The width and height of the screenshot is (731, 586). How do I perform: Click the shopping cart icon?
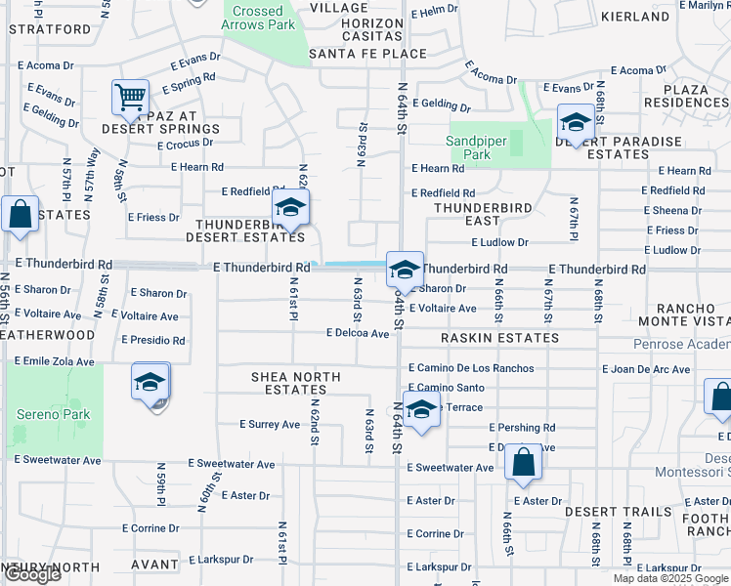(x=129, y=98)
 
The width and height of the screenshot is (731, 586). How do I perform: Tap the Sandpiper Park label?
(x=475, y=147)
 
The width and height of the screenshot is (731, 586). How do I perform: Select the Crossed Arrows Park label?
(x=258, y=19)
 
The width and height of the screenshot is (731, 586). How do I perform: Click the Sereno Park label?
(x=53, y=414)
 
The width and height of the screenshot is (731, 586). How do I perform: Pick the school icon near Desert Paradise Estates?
(x=576, y=124)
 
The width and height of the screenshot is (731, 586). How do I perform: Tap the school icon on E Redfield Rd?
(x=290, y=208)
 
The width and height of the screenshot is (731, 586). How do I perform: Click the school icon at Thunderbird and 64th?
(x=405, y=270)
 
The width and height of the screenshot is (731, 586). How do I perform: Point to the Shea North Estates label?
(x=295, y=383)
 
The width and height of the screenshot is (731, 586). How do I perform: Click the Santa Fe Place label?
(x=367, y=55)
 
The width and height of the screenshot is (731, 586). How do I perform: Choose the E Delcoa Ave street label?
(x=358, y=333)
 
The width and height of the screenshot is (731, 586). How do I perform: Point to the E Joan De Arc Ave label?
(x=650, y=368)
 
